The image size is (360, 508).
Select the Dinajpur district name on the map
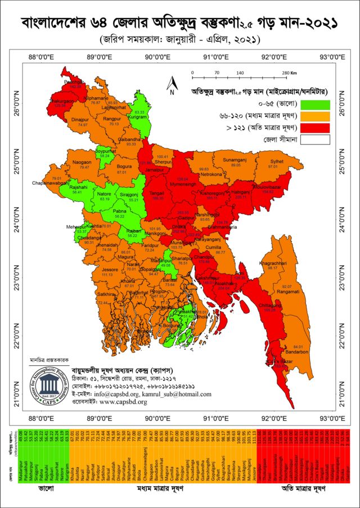80,119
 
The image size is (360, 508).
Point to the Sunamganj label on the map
235,160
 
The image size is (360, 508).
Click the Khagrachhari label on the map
273,263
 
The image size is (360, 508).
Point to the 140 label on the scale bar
240,74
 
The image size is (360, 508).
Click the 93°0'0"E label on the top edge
332,57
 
